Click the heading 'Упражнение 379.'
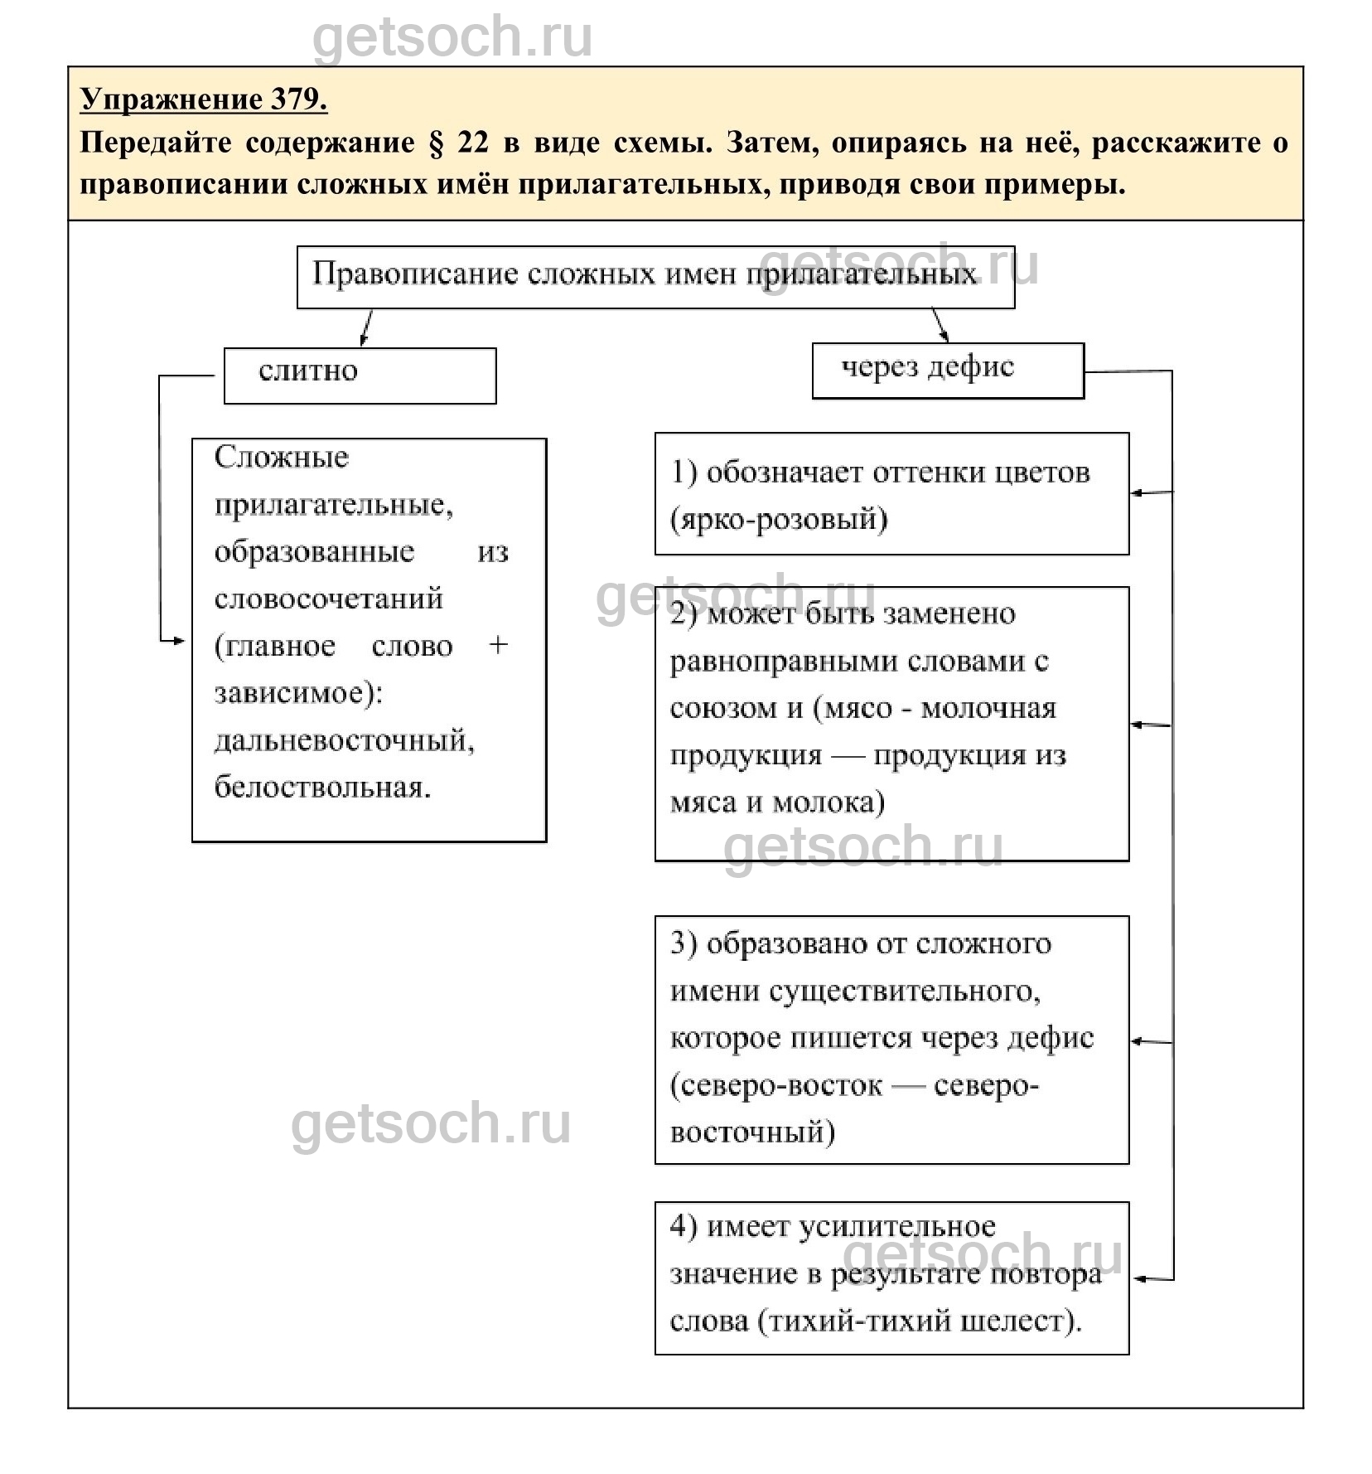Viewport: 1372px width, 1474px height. pos(203,99)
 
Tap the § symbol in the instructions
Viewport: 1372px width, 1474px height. pos(436,143)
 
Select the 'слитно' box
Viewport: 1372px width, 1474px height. pos(360,375)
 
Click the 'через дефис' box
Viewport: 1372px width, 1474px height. pos(947,370)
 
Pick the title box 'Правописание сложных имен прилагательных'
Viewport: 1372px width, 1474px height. pos(655,276)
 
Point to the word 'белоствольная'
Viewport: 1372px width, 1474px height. pos(322,787)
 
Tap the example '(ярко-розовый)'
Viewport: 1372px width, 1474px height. pos(779,520)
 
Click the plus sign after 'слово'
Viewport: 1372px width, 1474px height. pos(497,645)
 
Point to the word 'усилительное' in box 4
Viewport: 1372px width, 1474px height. pos(896,1227)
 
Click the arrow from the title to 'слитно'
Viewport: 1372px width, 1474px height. pos(366,327)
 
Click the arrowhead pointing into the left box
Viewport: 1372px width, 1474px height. pos(178,641)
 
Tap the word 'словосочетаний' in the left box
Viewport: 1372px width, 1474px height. pos(328,599)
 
